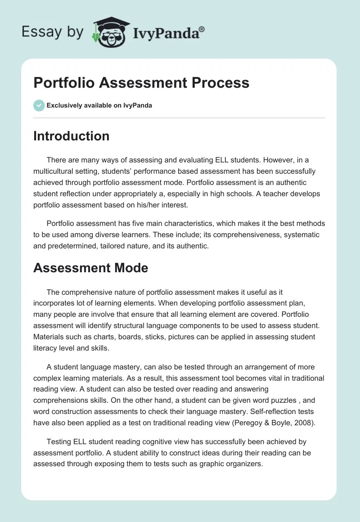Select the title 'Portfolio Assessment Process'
pyautogui.click(x=141, y=83)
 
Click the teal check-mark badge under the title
pyautogui.click(x=39, y=105)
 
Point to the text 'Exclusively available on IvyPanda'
pyautogui.click(x=99, y=105)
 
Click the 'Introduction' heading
pyautogui.click(x=71, y=136)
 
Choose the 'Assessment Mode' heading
pyautogui.click(x=90, y=268)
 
